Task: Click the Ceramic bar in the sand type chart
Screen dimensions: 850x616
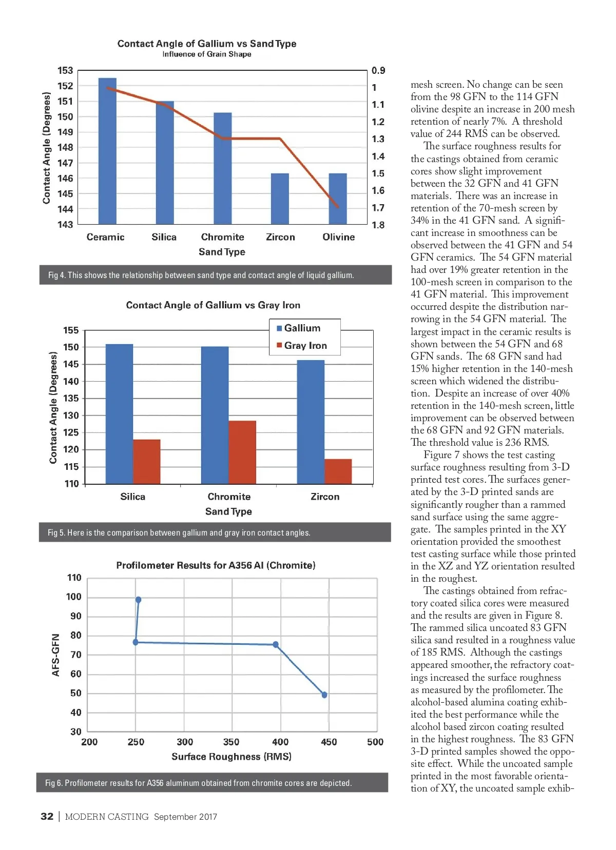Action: coord(107,151)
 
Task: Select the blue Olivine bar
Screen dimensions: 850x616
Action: coord(338,199)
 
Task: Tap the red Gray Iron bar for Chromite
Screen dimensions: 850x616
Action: coord(242,452)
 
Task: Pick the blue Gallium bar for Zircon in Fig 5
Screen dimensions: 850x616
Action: coord(311,422)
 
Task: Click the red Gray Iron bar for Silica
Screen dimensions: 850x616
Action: coord(147,461)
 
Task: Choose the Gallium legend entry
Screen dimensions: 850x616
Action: coord(299,328)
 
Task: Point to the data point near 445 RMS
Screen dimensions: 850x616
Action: coord(324,695)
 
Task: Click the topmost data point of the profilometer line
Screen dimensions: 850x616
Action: coord(138,600)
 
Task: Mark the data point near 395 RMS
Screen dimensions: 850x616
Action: coord(276,644)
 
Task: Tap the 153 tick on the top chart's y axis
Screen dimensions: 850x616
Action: coord(65,71)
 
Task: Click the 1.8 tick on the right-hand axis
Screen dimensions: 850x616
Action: coord(378,225)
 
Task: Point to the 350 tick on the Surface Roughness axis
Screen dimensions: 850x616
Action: coord(231,742)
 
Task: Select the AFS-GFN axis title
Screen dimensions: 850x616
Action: coord(55,655)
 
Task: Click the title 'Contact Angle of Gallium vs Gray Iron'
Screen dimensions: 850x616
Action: coord(213,305)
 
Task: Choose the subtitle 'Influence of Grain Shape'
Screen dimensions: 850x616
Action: coord(207,54)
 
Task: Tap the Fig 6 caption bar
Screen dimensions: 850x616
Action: coord(212,783)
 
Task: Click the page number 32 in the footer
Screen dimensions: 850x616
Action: coord(47,817)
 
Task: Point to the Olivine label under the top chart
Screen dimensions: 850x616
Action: coord(338,237)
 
